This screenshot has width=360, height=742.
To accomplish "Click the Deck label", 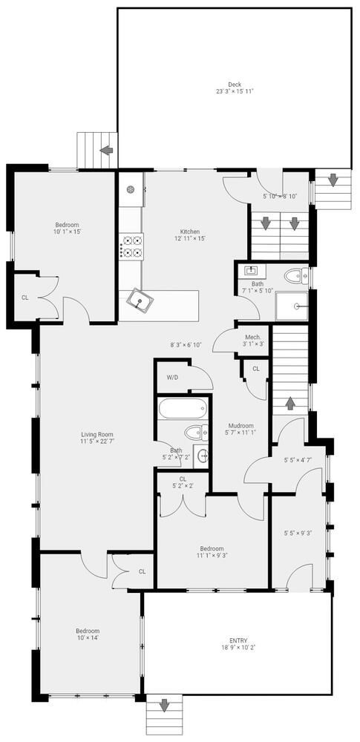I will tap(235, 84).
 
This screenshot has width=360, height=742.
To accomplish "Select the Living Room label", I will tap(96, 435).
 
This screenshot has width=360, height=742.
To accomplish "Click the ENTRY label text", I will tap(238, 641).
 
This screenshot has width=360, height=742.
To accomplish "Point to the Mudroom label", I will tap(240, 425).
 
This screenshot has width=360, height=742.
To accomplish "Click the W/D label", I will tap(172, 378).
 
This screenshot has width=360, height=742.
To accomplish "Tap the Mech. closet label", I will tap(252, 337).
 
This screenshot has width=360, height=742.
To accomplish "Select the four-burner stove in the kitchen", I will tap(132, 246).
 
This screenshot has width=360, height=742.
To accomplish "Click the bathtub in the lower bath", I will tap(183, 409).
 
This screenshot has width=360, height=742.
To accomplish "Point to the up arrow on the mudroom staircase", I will tap(289, 404).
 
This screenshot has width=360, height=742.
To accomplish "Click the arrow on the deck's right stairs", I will tap(333, 179).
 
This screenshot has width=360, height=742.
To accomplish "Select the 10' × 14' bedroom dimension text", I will tap(87, 637).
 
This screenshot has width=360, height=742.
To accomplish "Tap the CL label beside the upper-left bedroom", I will tap(25, 298).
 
